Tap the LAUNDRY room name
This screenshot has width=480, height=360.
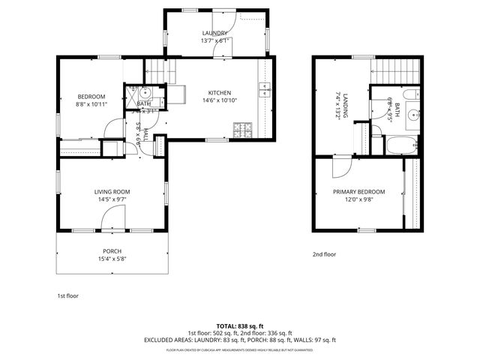[x=214, y=33]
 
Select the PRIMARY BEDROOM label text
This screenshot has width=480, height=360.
[x=358, y=192]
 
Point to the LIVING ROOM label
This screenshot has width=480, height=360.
[x=112, y=192]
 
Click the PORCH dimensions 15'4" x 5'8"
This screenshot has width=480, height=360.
[x=112, y=259]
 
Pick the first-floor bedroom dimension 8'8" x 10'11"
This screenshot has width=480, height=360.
[x=91, y=104]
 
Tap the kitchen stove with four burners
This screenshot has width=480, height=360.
[x=244, y=130]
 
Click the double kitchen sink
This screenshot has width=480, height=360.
[x=265, y=90]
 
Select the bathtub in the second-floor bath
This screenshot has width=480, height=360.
[x=401, y=145]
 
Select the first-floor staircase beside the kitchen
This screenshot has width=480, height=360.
[x=155, y=71]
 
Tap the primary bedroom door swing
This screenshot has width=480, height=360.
[x=338, y=166]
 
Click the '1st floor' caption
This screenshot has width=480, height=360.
[x=67, y=296]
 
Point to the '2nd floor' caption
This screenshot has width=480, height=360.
[x=325, y=254]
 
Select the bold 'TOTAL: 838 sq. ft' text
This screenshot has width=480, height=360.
[x=239, y=325]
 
